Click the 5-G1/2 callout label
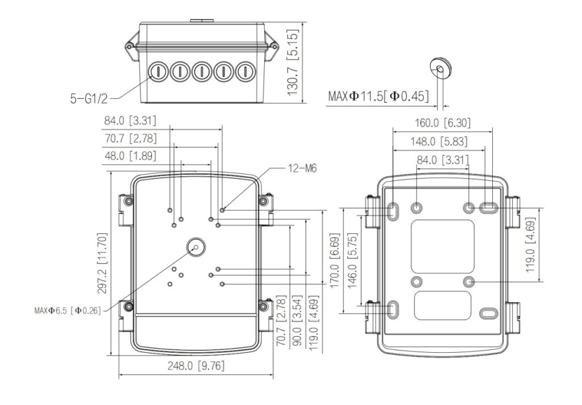89,99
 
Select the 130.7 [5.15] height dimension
293,63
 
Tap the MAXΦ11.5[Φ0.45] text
378,96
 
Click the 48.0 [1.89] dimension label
130,156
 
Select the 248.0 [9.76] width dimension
196,366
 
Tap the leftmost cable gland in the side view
156,72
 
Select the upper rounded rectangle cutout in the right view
442,246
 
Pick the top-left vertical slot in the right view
393,210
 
